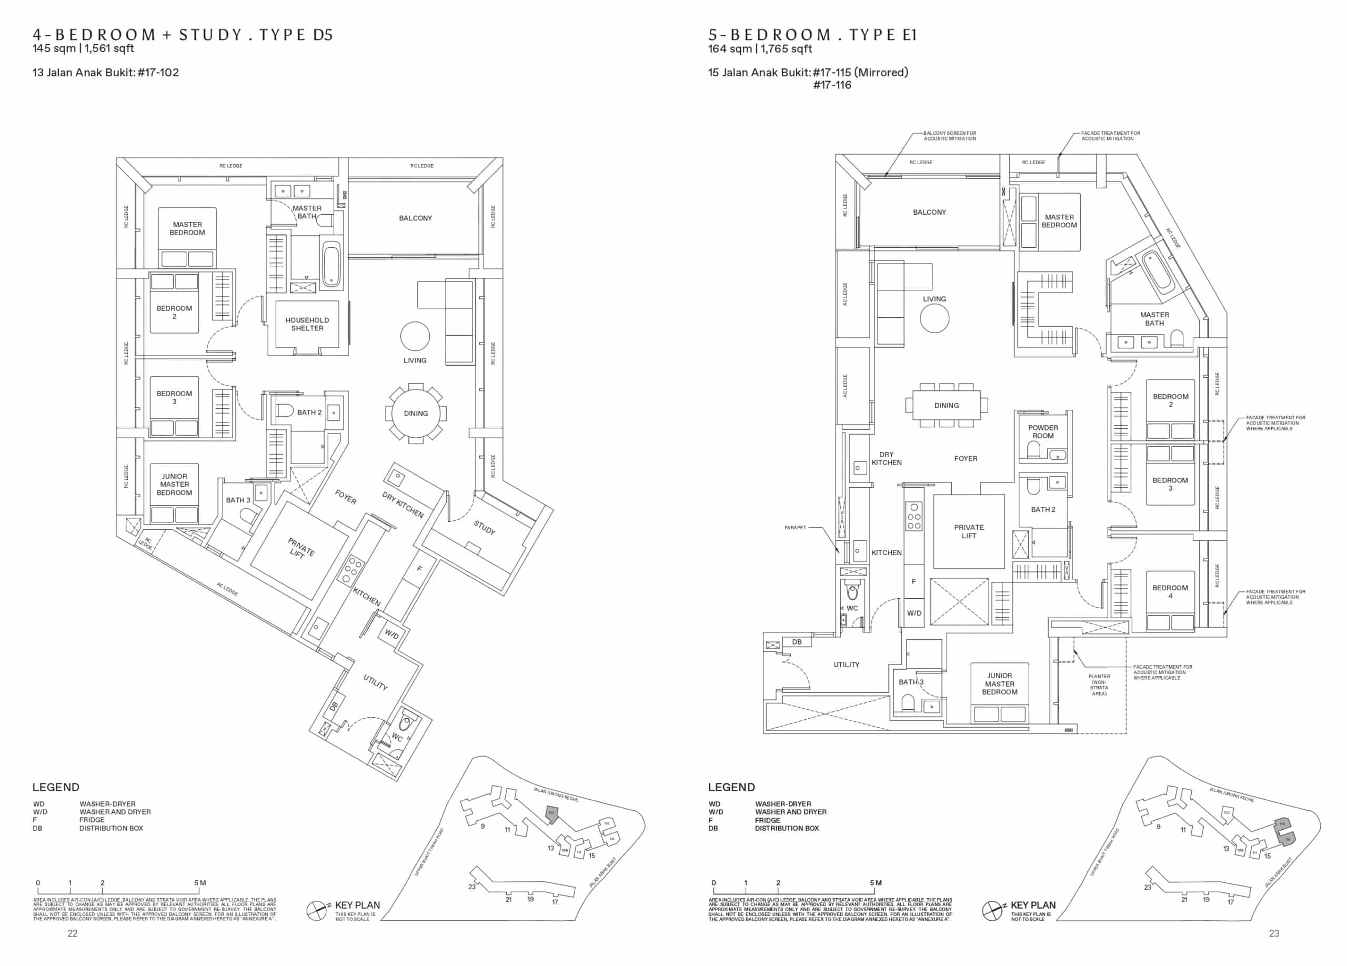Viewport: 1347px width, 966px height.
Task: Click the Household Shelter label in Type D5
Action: point(307,324)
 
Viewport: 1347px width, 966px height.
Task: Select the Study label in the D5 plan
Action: point(484,527)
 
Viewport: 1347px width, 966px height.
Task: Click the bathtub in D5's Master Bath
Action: point(331,265)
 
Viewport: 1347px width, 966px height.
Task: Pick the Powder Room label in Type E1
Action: point(1043,431)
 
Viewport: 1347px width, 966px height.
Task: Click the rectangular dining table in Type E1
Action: point(947,406)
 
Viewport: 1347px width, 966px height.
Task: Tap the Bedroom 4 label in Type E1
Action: point(1170,592)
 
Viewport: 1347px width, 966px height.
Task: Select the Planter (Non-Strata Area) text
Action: point(1099,685)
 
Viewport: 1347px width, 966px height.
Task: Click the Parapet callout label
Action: point(795,528)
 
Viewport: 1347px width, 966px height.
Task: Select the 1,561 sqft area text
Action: point(110,49)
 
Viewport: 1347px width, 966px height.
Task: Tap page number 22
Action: point(72,934)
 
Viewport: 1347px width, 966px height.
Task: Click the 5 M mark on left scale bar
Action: point(199,883)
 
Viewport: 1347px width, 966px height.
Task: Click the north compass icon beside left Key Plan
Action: point(317,910)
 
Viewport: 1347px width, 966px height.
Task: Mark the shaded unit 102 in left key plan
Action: point(551,814)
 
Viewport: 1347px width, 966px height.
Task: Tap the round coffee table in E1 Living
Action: point(934,319)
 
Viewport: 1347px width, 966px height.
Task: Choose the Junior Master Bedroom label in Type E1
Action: point(1000,684)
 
